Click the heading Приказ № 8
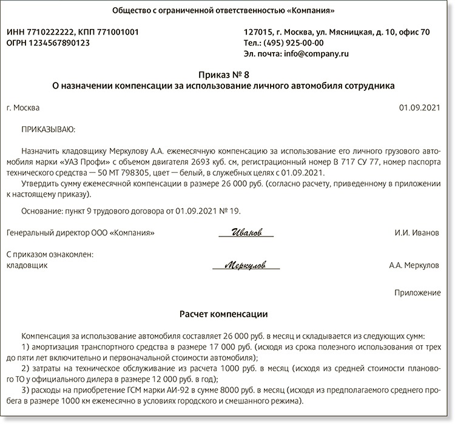227,75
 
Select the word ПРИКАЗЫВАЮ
48,129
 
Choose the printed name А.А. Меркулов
414,266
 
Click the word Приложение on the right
417,292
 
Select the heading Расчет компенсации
227,314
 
